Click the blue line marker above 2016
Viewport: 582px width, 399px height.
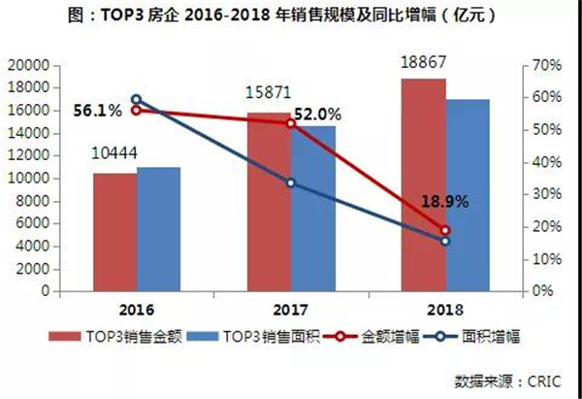136,99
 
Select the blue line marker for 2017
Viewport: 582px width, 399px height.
291,183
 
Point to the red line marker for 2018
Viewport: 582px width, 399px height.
445,230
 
